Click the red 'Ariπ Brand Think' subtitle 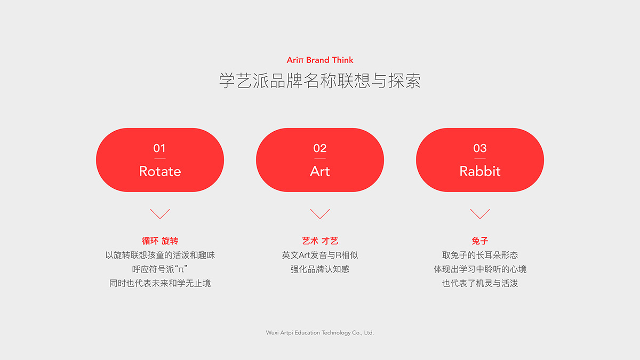(320, 60)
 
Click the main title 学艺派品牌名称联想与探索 (320, 81)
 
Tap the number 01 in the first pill (159, 148)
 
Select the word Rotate (160, 171)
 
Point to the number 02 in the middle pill (320, 148)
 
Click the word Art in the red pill (320, 171)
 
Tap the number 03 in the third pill (480, 148)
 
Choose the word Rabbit (480, 171)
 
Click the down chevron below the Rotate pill (160, 214)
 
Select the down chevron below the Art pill (320, 214)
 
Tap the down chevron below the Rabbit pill (480, 214)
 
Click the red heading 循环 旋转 (160, 241)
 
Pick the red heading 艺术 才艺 (320, 241)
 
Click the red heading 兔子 (480, 241)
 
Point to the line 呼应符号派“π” (160, 269)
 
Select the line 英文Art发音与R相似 (320, 255)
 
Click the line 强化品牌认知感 (320, 269)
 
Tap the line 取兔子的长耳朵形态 (480, 255)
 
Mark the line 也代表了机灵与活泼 (480, 283)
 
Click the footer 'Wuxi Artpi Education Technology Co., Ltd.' (320, 333)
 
